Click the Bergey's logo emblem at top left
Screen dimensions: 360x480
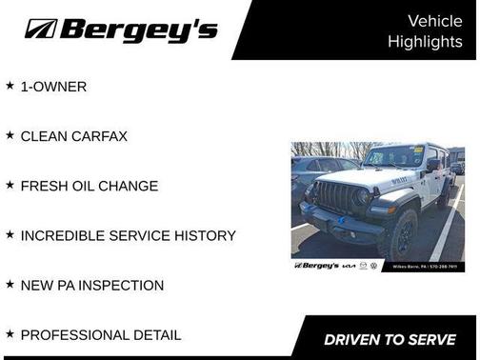[41, 29]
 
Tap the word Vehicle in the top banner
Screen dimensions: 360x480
[434, 20]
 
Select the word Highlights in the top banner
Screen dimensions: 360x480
[425, 42]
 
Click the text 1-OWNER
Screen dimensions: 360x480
[53, 87]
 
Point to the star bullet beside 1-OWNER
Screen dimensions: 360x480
[10, 86]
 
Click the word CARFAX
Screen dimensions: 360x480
[101, 136]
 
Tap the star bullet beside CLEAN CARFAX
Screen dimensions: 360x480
[10, 135]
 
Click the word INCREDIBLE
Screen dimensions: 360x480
[62, 235]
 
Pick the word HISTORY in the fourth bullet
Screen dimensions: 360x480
[201, 235]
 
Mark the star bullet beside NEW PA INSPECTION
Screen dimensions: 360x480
[10, 284]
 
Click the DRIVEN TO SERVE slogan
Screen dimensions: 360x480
[390, 339]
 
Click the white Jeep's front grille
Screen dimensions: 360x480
[334, 197]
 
